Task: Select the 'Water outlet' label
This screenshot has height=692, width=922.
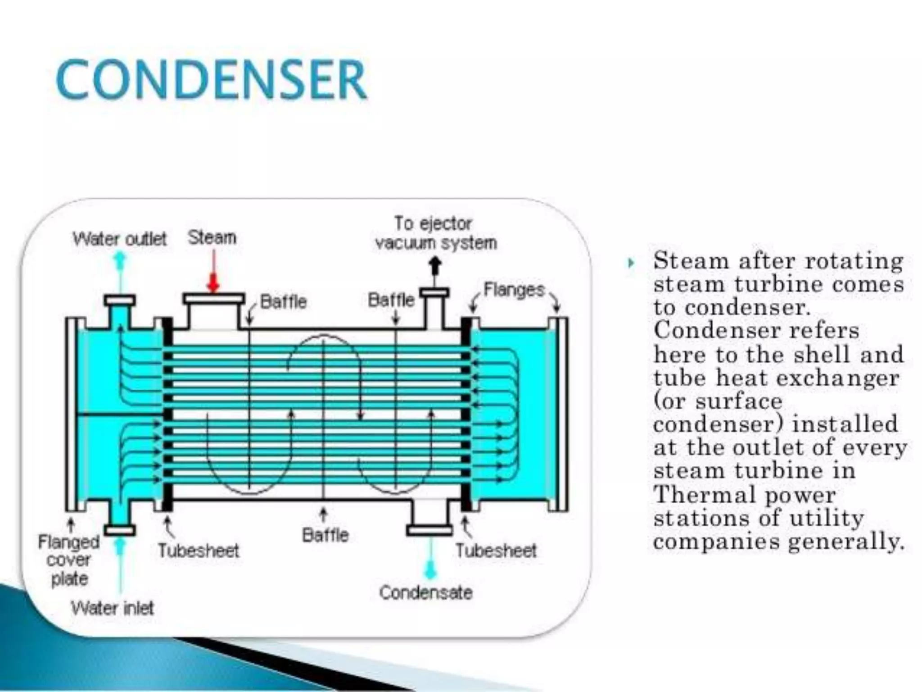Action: click(120, 238)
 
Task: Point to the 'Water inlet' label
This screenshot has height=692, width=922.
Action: click(112, 608)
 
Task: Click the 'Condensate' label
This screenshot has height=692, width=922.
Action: click(426, 592)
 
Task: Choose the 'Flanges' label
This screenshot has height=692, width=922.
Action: click(514, 290)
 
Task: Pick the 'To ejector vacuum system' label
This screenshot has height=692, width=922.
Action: click(435, 233)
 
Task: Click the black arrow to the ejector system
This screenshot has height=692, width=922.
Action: click(434, 266)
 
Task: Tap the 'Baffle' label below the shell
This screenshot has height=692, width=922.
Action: click(325, 535)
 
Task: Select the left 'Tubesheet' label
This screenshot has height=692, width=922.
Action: click(198, 551)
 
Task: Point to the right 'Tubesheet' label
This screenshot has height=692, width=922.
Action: click(496, 551)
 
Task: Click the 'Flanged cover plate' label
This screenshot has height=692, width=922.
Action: click(68, 560)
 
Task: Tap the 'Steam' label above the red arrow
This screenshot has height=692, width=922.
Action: click(212, 237)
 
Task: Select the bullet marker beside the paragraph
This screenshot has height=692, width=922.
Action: click(631, 263)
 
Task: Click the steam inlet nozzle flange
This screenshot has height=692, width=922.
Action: click(214, 299)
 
